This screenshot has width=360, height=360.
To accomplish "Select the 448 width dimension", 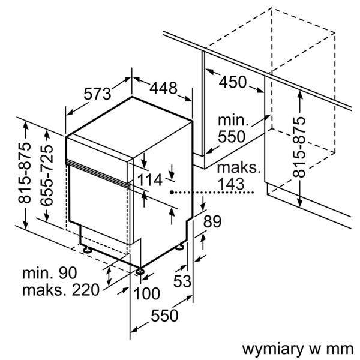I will coord(163,88).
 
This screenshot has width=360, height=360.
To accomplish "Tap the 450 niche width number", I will coord(232,82).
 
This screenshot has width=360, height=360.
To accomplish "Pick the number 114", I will coord(149,179).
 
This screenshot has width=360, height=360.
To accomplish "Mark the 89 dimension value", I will coord(213,221).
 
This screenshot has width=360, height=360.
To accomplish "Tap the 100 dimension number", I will coord(146,293).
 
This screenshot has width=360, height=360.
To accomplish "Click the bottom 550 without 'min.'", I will coord(164,316).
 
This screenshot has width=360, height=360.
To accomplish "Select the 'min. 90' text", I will coord(50,274).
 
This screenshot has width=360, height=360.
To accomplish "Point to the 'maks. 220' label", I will coord(59,292).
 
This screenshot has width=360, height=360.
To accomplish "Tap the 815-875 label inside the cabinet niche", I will coord(299,146).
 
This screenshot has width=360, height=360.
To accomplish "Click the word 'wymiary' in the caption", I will coord(271,348).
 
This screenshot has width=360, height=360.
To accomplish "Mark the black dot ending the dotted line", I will coord(172,193).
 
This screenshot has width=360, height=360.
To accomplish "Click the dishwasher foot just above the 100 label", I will coord(140,272).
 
